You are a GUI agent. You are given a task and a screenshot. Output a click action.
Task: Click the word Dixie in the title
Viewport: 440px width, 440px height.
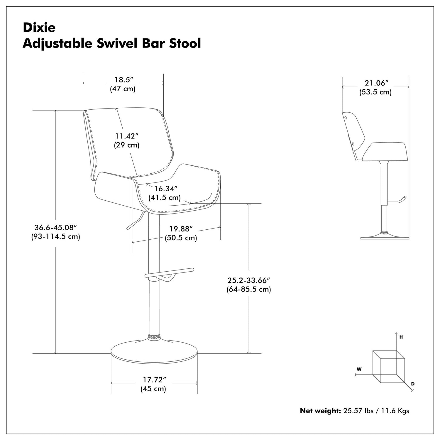click(x=39, y=28)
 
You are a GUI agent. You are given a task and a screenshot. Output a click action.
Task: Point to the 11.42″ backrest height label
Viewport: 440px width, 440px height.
click(x=126, y=136)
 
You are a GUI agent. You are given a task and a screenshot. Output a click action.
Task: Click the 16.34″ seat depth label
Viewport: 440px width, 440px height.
click(x=166, y=189)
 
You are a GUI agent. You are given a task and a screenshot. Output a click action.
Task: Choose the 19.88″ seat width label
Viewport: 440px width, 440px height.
click(x=181, y=229)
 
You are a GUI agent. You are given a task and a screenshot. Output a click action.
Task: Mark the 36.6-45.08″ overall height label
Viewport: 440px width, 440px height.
click(x=56, y=228)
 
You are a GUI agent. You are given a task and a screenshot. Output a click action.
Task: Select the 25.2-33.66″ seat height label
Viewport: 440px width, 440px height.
click(x=248, y=280)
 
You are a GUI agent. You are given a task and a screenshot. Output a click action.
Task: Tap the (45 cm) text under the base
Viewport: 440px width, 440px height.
click(x=153, y=389)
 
